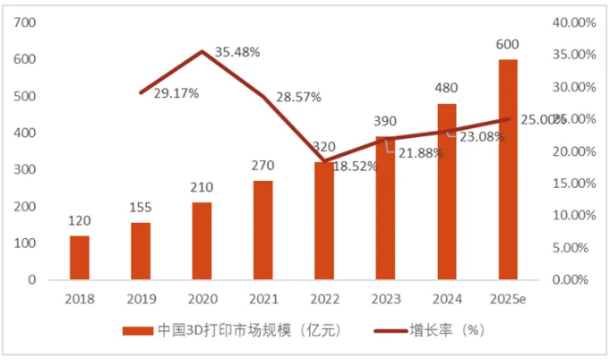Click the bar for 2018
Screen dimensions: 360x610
[x=80, y=257]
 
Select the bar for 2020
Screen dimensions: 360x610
[x=202, y=241]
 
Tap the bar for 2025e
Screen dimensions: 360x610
[x=508, y=169]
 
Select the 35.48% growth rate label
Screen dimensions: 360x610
[x=236, y=52]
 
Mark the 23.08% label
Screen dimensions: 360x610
[x=482, y=137]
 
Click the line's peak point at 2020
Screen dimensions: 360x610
[x=202, y=51]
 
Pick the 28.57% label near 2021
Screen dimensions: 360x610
[x=296, y=96]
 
